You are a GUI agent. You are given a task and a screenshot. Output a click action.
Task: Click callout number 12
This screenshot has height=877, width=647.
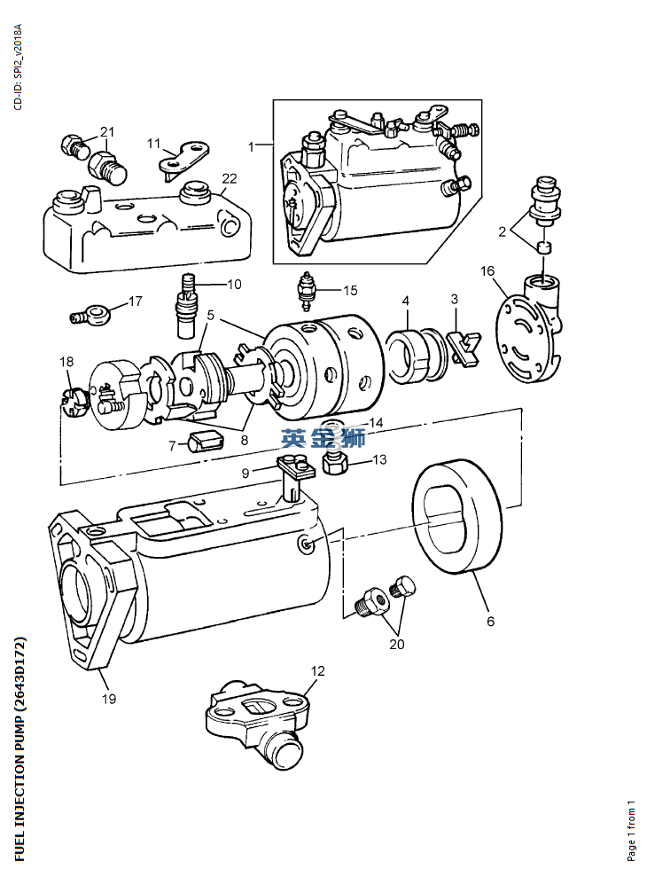tap(317, 671)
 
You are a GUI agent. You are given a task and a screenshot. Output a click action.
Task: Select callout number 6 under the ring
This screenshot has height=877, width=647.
tap(490, 622)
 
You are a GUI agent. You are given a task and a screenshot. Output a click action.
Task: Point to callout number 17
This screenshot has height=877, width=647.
tap(135, 301)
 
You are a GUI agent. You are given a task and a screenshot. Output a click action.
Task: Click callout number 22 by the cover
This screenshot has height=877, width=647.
tap(230, 178)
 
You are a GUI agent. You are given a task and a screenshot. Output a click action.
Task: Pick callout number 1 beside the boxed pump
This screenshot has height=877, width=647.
tap(252, 146)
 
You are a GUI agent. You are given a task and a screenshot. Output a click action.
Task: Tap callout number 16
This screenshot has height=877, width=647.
tap(487, 270)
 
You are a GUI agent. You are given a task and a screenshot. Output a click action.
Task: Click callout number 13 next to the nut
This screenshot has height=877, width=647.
tap(379, 459)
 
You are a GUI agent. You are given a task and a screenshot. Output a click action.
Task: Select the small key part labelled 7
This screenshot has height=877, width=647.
tap(205, 439)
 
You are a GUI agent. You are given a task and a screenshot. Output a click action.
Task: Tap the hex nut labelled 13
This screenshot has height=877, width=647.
tap(333, 463)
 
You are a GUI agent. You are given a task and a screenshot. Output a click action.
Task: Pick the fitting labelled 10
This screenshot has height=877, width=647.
tap(187, 307)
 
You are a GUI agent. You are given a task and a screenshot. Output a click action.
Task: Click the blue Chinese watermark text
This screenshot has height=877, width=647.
tap(323, 437)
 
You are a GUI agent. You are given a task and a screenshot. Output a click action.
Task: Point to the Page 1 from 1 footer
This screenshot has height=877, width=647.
tap(632, 831)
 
